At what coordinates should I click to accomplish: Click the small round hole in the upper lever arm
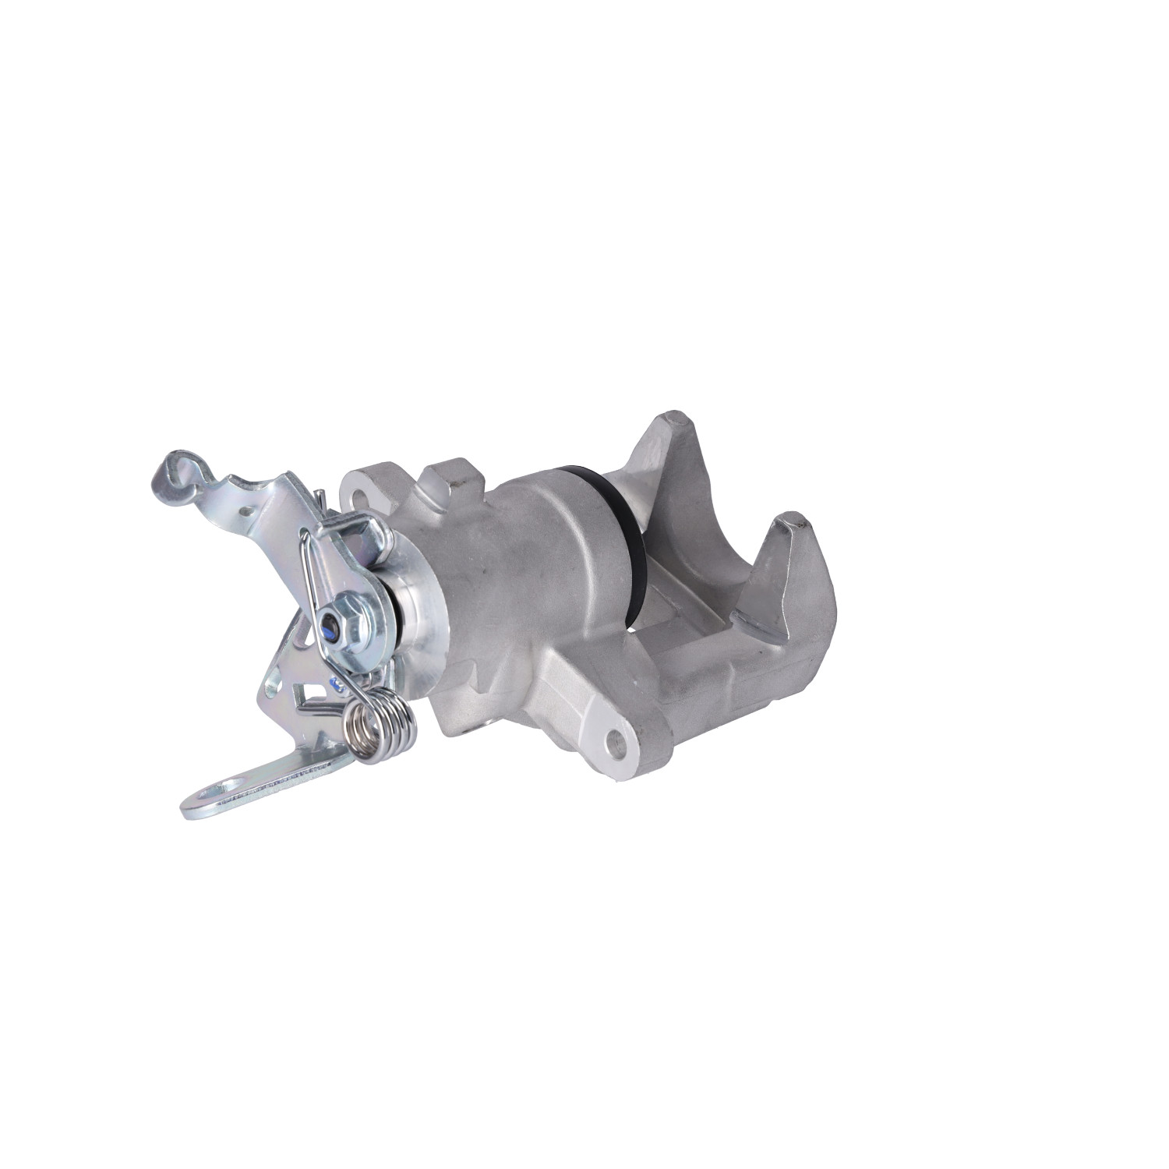(x=248, y=511)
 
